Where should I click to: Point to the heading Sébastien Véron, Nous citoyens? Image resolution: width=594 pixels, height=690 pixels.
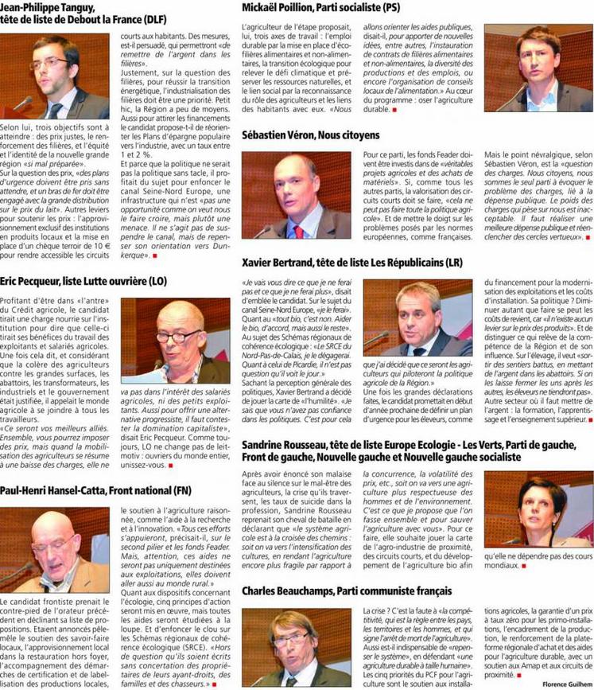click(315, 135)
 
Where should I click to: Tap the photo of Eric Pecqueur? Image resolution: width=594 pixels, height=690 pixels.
click(176, 341)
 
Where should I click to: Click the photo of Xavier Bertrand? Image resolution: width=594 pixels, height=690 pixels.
click(417, 317)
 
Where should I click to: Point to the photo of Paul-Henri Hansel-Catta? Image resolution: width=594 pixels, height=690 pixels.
click(55, 550)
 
